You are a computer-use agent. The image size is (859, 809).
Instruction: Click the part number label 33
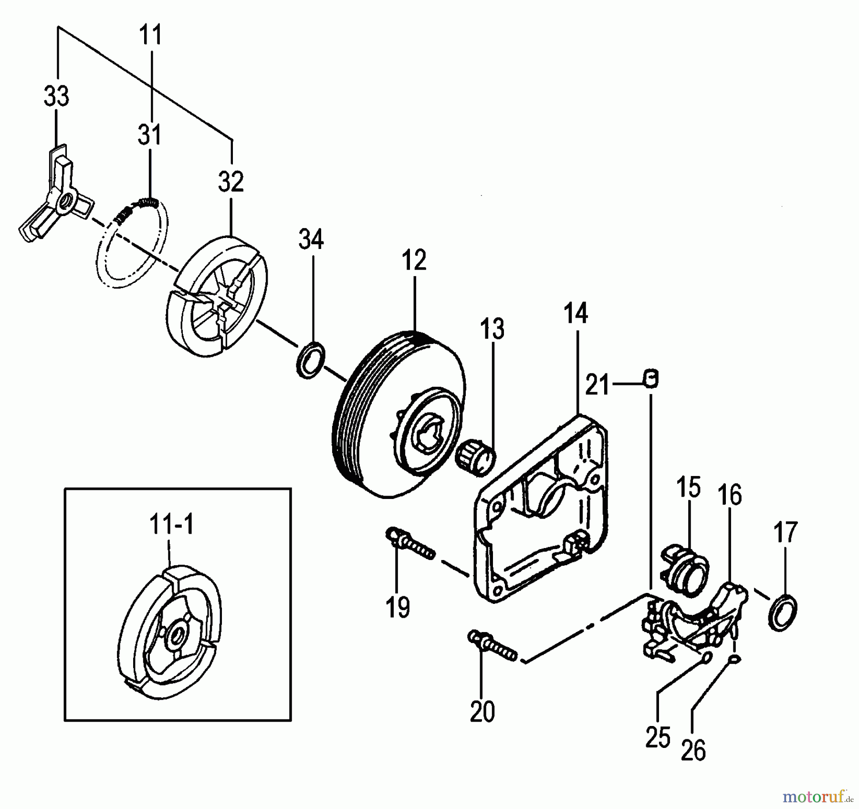(x=56, y=96)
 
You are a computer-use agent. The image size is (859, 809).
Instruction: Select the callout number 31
(x=150, y=135)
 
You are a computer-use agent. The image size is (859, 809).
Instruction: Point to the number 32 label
(x=231, y=182)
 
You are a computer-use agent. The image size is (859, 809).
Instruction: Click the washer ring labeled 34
(x=311, y=359)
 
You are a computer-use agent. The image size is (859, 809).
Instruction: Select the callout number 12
(x=414, y=261)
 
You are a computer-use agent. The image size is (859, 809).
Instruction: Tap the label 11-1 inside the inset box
(x=171, y=526)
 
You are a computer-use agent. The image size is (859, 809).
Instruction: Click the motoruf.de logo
(x=820, y=796)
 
